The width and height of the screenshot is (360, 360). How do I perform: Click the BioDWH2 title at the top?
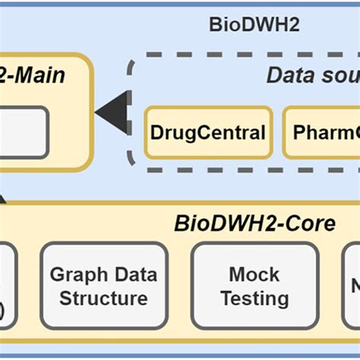click(254, 24)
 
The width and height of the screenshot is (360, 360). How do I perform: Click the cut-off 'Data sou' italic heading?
click(312, 75)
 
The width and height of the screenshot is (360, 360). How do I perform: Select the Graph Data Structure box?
click(103, 286)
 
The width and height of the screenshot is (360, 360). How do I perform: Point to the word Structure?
click(103, 297)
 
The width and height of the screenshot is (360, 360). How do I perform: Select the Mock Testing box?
click(254, 286)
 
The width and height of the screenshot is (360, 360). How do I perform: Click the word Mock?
click(254, 274)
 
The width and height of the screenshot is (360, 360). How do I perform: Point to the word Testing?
click(254, 298)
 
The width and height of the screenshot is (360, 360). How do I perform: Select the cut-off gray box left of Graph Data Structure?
click(6, 286)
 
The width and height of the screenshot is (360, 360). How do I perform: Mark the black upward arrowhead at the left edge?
click(3, 199)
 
